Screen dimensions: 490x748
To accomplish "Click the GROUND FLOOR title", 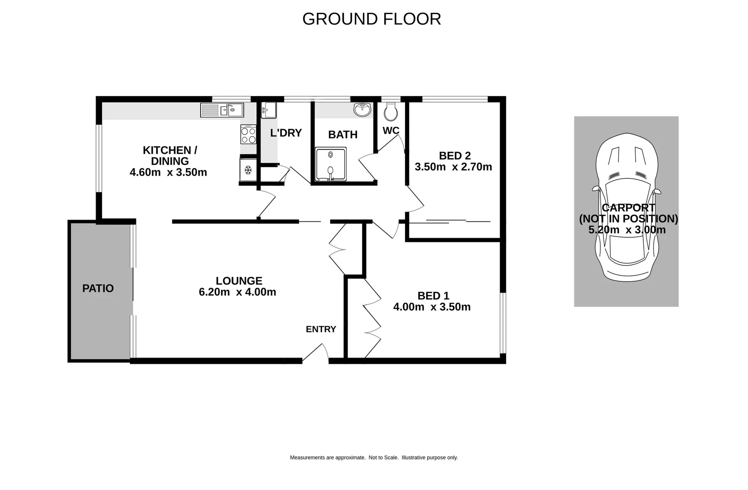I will coord(372,19).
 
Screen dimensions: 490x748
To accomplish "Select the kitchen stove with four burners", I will coord(248,135).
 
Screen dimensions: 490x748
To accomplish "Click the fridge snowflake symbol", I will coord(248,170).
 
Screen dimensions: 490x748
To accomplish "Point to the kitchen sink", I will coord(222,110).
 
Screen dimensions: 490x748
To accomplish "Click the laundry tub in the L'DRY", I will coord(268,110).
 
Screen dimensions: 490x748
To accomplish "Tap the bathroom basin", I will coord(362,109).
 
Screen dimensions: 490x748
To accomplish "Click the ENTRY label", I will coord(321,329).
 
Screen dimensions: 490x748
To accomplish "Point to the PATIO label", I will coord(98,289).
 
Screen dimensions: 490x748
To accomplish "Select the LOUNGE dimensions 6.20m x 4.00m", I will coord(237,292).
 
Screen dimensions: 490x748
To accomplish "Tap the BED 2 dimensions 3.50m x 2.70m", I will coord(453,167).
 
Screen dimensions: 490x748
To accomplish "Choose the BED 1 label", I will coord(433,296).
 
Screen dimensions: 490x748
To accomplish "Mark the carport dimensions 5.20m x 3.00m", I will coord(627,230).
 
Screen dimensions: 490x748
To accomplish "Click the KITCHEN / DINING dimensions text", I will coord(168,172).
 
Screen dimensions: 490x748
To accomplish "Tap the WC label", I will coord(391,131).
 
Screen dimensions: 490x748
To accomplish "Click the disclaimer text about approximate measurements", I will coord(374,457).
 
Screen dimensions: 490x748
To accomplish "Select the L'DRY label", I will coord(286,133).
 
